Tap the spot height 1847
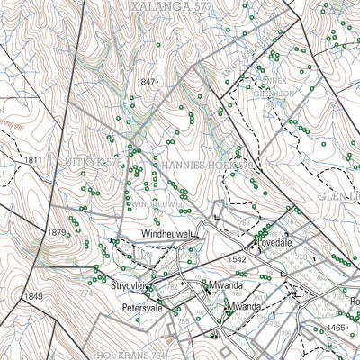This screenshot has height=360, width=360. tap(147, 82)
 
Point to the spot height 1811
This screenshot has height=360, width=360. tap(34, 159)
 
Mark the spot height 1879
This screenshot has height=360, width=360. tap(56, 233)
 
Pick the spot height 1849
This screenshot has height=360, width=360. tap(32, 296)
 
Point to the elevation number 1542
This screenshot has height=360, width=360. tap(237, 259)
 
